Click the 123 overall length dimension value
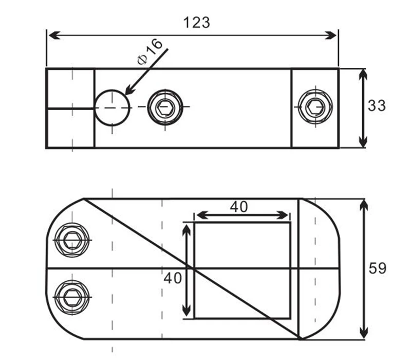coord(197,22)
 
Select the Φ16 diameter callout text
coord(150,50)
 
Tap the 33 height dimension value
coord(377,106)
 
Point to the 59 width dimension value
coord(378,268)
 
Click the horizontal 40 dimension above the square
coord(238,207)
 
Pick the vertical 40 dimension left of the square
coord(173,278)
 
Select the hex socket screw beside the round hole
coord(165,107)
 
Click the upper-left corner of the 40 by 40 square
coord(194,223)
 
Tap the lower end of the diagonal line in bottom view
coord(299,338)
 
